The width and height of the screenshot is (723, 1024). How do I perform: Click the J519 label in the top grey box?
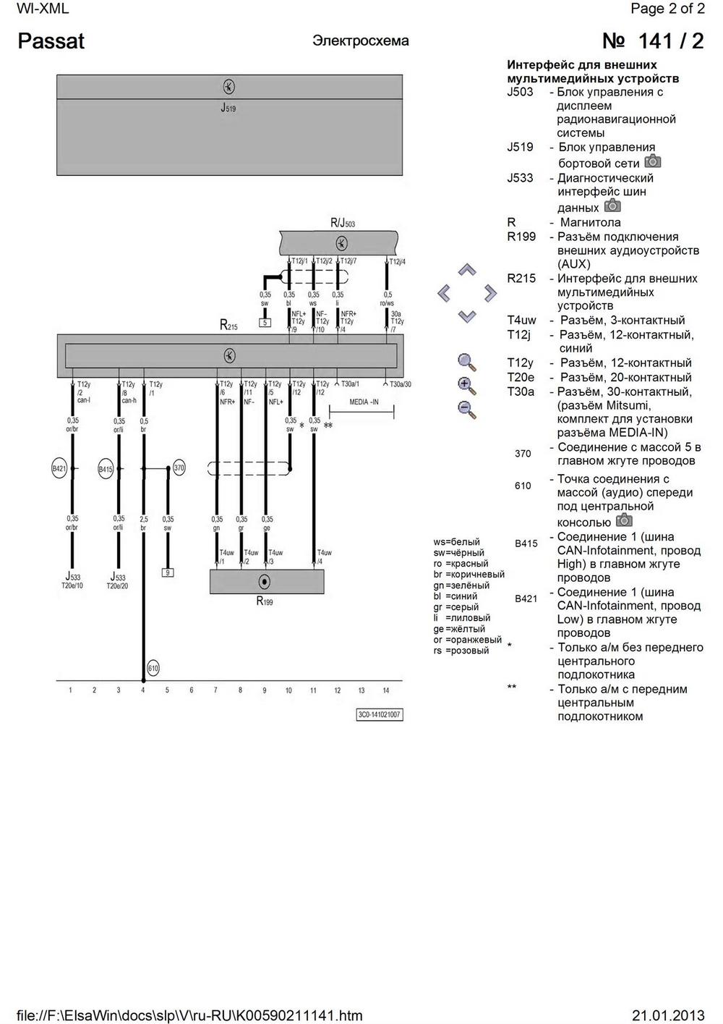[228, 109]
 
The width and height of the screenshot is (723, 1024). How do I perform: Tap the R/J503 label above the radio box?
[343, 223]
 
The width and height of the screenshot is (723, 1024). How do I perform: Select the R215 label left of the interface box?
[228, 326]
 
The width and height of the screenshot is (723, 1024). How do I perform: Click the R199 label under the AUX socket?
[265, 601]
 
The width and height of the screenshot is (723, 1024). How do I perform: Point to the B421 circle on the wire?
[59, 469]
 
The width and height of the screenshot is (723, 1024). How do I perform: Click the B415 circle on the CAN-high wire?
[106, 469]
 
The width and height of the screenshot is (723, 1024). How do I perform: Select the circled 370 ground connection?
[179, 468]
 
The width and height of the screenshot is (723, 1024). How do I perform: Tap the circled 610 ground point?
[153, 668]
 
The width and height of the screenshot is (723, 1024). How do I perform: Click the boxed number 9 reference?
[167, 572]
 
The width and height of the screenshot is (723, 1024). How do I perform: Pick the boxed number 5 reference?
[265, 322]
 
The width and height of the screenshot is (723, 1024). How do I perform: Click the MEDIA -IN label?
[364, 402]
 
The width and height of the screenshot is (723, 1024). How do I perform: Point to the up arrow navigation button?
[468, 271]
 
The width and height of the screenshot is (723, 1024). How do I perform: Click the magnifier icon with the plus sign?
[467, 385]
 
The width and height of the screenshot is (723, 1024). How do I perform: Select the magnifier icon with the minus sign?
[467, 409]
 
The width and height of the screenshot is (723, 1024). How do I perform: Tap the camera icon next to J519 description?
[653, 161]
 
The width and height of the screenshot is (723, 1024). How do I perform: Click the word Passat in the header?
[51, 41]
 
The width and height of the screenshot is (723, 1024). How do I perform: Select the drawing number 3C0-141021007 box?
[380, 715]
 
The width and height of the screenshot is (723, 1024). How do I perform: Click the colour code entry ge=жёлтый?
[459, 629]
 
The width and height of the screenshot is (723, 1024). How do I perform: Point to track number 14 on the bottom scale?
[386, 690]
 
